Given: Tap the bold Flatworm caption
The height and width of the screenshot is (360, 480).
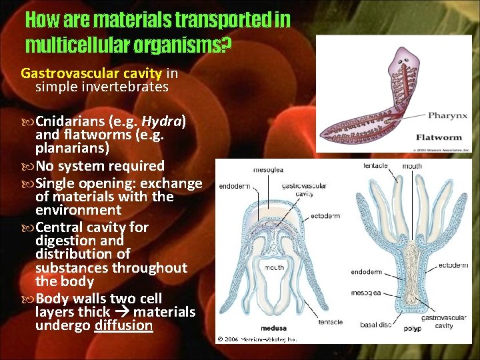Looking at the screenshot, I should [439, 138].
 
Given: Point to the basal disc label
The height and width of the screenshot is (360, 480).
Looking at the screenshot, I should [376, 325].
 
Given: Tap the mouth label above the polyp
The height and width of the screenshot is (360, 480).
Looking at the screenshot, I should [412, 166].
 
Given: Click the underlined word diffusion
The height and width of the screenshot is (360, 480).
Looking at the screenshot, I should [124, 326].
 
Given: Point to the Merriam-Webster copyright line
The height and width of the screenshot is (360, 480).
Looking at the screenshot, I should [257, 339].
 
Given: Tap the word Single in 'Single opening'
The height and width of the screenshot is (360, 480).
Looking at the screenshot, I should [56, 183].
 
